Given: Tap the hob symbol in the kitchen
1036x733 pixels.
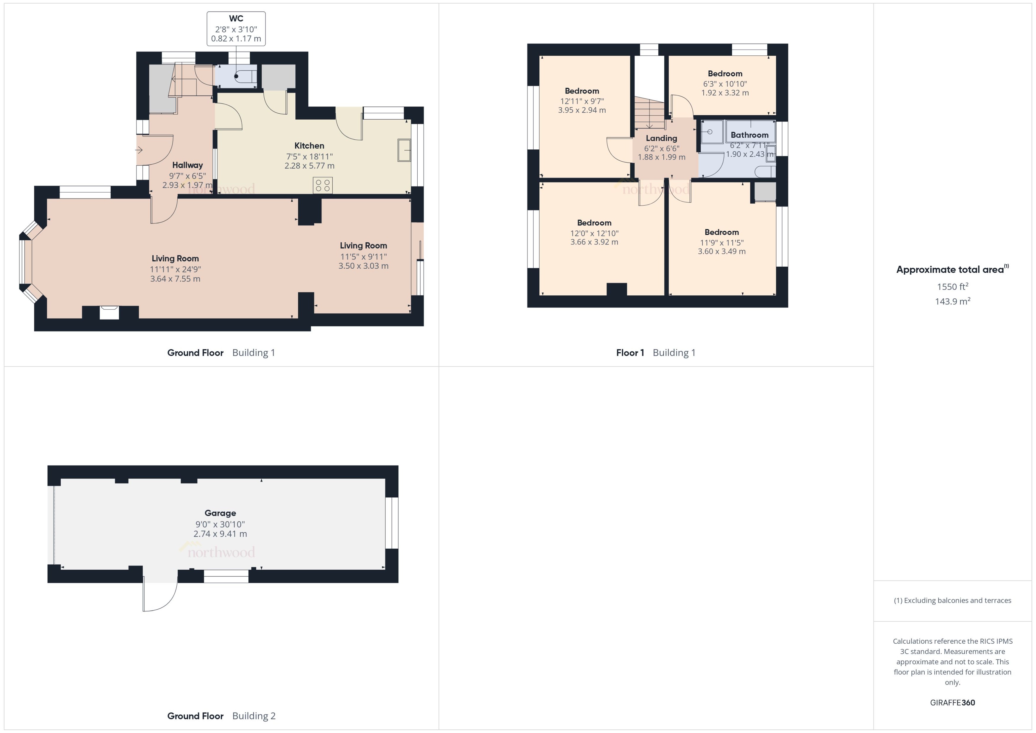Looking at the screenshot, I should (322, 185).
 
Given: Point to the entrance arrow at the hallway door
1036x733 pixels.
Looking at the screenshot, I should (139, 150).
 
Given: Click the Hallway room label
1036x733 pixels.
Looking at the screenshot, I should (187, 165).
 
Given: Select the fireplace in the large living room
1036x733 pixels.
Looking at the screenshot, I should (109, 312).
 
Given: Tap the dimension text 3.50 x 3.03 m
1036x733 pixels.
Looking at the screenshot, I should (363, 266).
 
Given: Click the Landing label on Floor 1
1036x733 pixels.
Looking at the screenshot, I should (661, 138).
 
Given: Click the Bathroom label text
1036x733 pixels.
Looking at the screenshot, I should (749, 135).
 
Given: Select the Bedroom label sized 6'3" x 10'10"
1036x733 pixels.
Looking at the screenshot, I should (725, 74).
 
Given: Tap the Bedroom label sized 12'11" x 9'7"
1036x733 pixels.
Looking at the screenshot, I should (582, 91).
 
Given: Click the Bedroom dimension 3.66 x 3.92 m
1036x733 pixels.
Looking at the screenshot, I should (594, 242).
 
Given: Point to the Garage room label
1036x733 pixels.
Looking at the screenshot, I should (220, 513).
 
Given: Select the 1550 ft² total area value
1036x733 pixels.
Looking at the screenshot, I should (953, 287).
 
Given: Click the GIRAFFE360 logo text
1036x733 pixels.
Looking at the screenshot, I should (953, 703).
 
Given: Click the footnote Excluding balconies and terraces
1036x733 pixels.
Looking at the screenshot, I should (953, 600).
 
